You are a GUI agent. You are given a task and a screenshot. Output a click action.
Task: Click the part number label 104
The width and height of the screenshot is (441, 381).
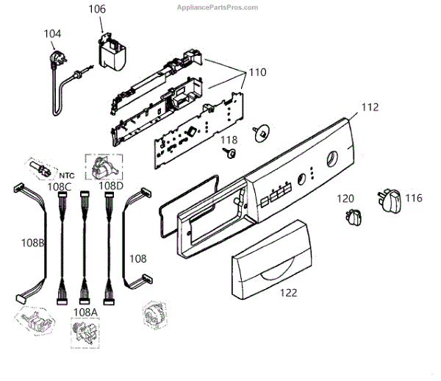click(x=53, y=34)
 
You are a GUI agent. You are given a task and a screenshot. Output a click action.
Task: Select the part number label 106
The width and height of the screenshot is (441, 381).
click(x=97, y=10)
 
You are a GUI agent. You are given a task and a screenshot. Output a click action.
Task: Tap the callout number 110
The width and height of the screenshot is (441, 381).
click(x=257, y=73)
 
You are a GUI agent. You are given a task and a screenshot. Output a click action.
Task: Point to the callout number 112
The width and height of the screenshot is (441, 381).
click(x=370, y=107)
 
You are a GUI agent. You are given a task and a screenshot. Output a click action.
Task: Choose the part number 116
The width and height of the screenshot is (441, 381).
click(x=414, y=198)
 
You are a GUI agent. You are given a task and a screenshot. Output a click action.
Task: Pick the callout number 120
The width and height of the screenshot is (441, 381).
click(x=345, y=198)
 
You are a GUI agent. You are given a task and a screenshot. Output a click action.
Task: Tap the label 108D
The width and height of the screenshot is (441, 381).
click(x=111, y=185)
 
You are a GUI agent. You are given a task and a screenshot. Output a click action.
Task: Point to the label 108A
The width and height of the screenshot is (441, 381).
click(x=85, y=311)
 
